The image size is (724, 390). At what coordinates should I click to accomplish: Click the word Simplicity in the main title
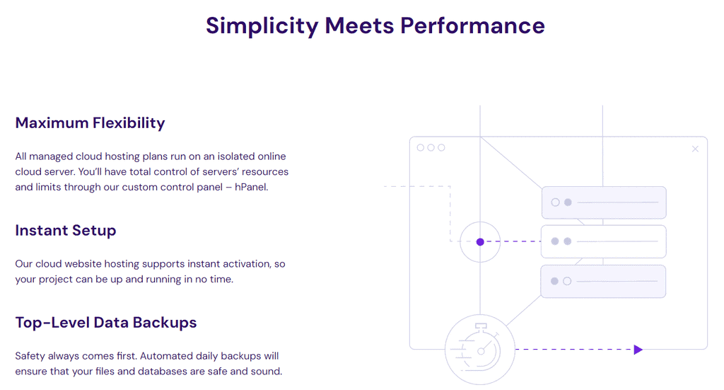tap(262, 25)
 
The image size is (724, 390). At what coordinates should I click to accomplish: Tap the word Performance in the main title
tap(472, 25)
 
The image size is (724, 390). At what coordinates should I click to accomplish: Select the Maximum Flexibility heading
tap(90, 123)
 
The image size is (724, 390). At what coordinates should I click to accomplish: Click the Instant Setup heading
tap(66, 231)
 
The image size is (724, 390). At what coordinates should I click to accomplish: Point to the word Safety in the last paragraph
tap(31, 356)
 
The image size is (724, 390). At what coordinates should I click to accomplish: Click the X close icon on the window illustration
tap(695, 149)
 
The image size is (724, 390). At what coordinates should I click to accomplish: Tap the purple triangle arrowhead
tap(638, 350)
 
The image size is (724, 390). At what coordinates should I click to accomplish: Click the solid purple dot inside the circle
tap(480, 242)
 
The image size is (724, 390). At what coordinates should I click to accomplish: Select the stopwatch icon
tap(480, 349)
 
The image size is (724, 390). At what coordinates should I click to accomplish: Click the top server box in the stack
tap(604, 202)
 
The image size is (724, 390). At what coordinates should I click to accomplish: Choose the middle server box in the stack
tap(604, 241)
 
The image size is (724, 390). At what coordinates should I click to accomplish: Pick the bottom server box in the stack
tap(604, 281)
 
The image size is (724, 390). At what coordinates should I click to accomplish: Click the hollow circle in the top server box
tap(555, 202)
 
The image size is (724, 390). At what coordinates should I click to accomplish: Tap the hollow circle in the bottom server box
tap(567, 281)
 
